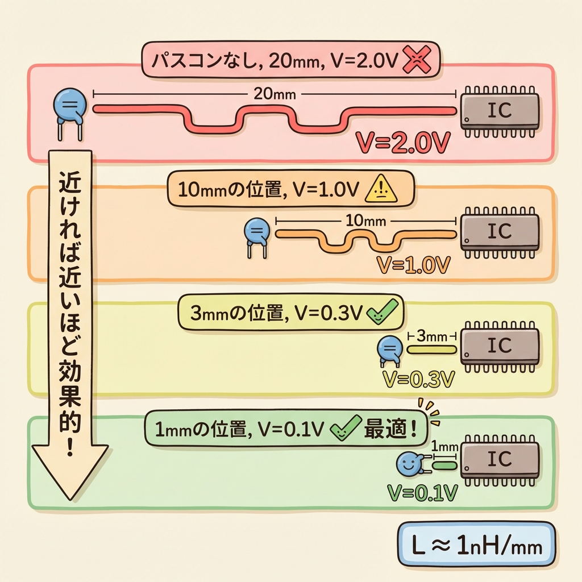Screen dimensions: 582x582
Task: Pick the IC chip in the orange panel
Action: point(500,231)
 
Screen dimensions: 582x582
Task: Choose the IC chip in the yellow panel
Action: point(500,346)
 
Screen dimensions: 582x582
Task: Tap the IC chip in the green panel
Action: point(500,459)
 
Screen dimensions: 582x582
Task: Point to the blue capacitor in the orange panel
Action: point(256,233)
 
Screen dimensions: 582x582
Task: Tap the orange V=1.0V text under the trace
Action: point(413,264)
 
